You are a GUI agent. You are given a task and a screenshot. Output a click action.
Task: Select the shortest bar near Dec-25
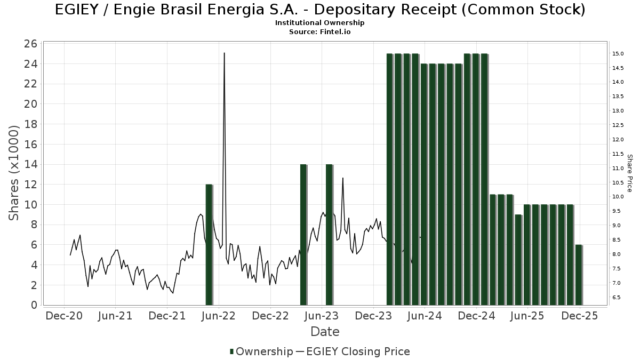coord(579,275)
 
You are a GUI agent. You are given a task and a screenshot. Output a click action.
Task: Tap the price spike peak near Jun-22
coord(224,53)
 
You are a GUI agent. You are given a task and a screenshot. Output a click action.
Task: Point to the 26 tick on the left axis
coord(31,44)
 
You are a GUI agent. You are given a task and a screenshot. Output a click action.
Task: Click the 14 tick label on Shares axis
coord(31,164)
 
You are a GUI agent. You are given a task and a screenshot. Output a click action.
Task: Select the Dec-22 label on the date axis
coord(270,316)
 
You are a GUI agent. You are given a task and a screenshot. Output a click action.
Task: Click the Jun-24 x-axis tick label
coord(425,316)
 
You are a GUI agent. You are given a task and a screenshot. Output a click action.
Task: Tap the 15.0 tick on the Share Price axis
coord(619,53)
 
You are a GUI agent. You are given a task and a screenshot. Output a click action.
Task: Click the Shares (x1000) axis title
coord(14,173)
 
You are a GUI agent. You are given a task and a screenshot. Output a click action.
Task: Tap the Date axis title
coord(325,332)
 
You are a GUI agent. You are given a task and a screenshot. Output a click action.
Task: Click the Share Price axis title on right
coord(630,173)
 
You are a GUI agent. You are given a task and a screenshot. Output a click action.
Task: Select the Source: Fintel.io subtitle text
coord(320,31)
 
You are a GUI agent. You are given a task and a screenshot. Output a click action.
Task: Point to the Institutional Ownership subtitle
coord(320,23)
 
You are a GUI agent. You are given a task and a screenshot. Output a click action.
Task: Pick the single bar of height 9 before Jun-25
coord(518,260)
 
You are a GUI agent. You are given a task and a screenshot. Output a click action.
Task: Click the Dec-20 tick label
coord(64,316)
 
